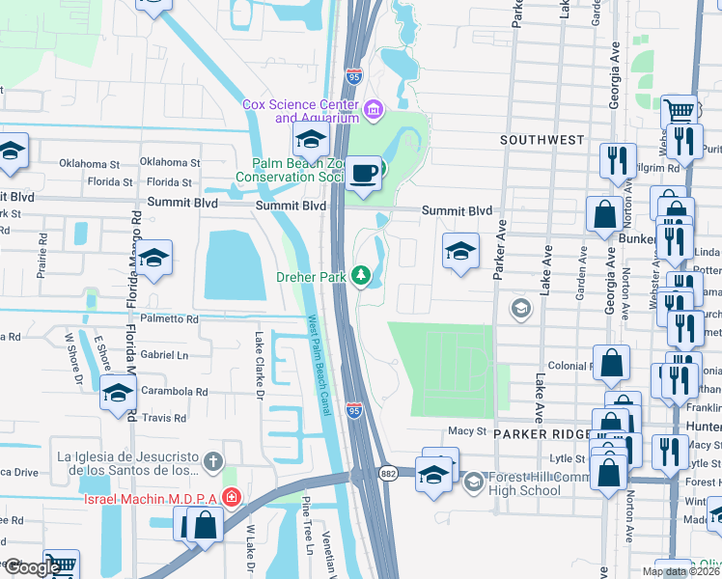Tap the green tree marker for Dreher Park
pyautogui.click(x=362, y=277)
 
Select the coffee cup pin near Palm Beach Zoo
pyautogui.click(x=363, y=174)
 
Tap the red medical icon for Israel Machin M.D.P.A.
pyautogui.click(x=232, y=498)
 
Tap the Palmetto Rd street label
pyautogui.click(x=168, y=318)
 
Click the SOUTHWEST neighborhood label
pyautogui.click(x=542, y=140)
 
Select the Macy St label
pyautogui.click(x=465, y=431)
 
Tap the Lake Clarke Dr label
pyautogui.click(x=259, y=365)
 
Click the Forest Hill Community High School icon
pyautogui.click(x=473, y=481)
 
